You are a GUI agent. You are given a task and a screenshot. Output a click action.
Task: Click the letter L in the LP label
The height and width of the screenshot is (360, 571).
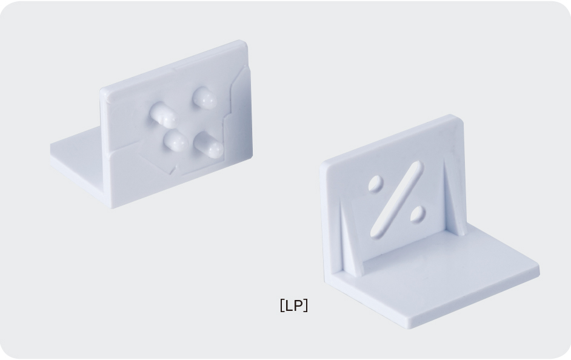point(288,305)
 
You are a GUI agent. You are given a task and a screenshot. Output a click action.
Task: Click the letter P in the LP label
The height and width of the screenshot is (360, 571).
point(298,305)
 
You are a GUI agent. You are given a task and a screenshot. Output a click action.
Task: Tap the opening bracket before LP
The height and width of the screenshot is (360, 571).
point(281,305)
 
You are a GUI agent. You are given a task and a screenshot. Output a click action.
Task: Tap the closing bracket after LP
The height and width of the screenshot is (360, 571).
point(306,305)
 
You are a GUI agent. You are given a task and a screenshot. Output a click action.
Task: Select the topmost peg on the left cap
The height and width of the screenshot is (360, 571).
point(204,98)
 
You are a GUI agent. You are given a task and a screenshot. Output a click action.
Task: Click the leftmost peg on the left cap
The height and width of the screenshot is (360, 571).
point(163,115)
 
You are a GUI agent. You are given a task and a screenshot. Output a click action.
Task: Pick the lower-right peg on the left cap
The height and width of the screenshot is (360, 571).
point(209,145)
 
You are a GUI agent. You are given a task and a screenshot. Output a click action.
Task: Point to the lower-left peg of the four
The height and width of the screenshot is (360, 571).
point(176,140)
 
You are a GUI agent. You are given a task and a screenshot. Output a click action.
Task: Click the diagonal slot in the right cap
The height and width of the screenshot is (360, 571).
point(396,199)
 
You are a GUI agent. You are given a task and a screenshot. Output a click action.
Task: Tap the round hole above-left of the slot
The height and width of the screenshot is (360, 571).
point(375,183)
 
